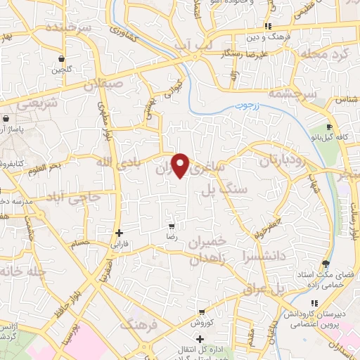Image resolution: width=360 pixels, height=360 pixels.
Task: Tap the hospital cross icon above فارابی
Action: coord(119,232)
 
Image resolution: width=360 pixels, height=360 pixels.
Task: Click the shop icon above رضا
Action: coord(172,226)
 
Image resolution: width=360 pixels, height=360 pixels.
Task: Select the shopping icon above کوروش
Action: coord(202,312)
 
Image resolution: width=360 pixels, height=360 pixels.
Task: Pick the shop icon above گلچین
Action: coord(63,58)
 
